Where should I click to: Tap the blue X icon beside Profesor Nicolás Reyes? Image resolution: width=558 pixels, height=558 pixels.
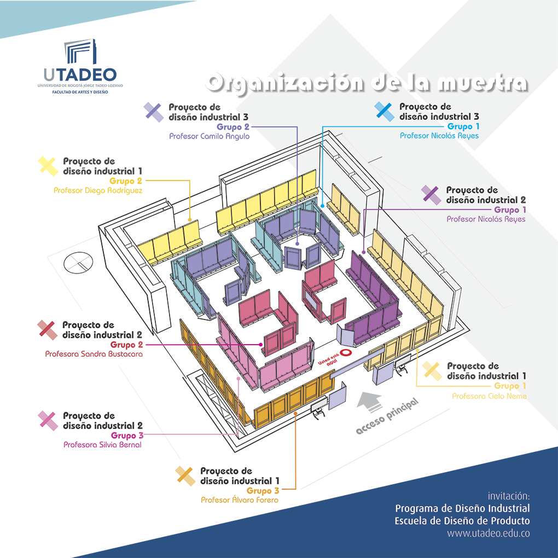[385, 112]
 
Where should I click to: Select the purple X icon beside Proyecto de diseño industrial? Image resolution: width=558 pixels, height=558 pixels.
[431, 195]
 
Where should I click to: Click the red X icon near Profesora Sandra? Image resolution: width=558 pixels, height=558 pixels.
[47, 329]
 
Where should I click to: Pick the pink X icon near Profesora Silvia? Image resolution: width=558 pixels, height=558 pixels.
[48, 420]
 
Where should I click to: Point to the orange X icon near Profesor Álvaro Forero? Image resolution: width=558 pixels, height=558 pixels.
[185, 476]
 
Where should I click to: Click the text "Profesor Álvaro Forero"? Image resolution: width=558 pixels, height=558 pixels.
[240, 500]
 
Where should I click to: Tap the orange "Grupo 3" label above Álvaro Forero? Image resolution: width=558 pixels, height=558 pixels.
[263, 491]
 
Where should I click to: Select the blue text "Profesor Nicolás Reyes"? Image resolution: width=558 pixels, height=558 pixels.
[439, 136]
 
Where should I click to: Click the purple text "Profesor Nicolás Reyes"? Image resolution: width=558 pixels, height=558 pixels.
[485, 219]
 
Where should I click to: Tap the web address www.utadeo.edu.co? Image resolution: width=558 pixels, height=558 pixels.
[488, 533]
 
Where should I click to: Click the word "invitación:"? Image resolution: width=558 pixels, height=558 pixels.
[509, 496]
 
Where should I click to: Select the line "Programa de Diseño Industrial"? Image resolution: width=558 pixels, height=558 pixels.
[462, 509]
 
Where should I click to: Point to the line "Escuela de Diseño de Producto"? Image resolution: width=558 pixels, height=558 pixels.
[462, 521]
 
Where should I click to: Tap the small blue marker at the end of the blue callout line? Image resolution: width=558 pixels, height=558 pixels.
[322, 202]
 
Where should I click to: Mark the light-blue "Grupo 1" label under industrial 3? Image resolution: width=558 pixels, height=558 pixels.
[462, 127]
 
